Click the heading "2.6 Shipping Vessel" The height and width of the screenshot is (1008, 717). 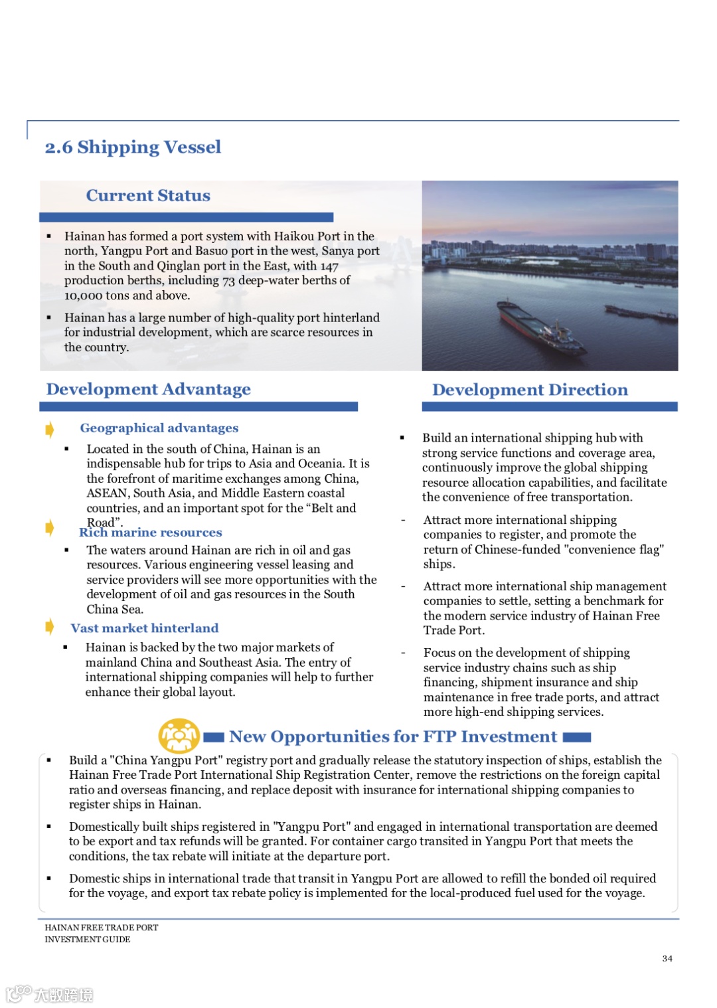coord(133,147)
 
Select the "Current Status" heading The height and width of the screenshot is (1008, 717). coord(148,195)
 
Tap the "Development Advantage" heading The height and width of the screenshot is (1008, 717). coord(148,389)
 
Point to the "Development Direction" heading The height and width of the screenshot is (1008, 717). coord(530,390)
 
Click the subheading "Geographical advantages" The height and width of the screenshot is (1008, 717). coord(159,428)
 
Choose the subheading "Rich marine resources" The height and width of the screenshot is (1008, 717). coord(151,533)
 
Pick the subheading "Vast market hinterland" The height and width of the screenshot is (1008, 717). coord(145,628)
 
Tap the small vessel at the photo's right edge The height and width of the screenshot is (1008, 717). coord(641,313)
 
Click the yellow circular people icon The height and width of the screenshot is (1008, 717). coord(179,736)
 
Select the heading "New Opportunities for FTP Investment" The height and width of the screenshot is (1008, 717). coord(393,736)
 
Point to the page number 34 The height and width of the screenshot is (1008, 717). coord(667,958)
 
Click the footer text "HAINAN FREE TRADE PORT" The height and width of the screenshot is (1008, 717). coord(102,928)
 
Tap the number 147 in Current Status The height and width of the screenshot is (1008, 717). coord(329,266)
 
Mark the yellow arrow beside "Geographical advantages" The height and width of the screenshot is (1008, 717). coord(50,430)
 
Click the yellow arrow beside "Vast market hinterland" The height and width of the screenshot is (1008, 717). coord(50,626)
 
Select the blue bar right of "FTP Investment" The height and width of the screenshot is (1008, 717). coord(577,737)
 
